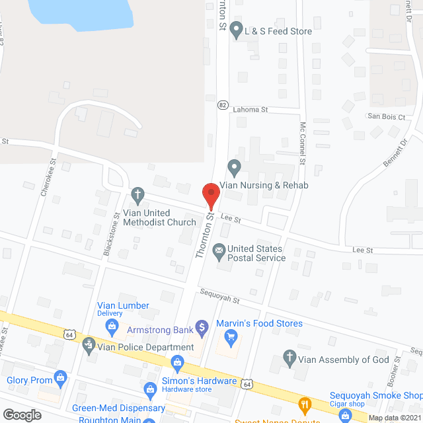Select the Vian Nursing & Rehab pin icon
[x=233, y=166]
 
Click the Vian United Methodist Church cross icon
[x=137, y=194]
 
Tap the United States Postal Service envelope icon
[x=218, y=251]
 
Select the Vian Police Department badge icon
[x=89, y=344]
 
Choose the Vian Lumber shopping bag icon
[x=113, y=325]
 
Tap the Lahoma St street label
[x=250, y=110]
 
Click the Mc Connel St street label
[x=302, y=143]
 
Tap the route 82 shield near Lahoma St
[x=223, y=105]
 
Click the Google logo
[x=21, y=415]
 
